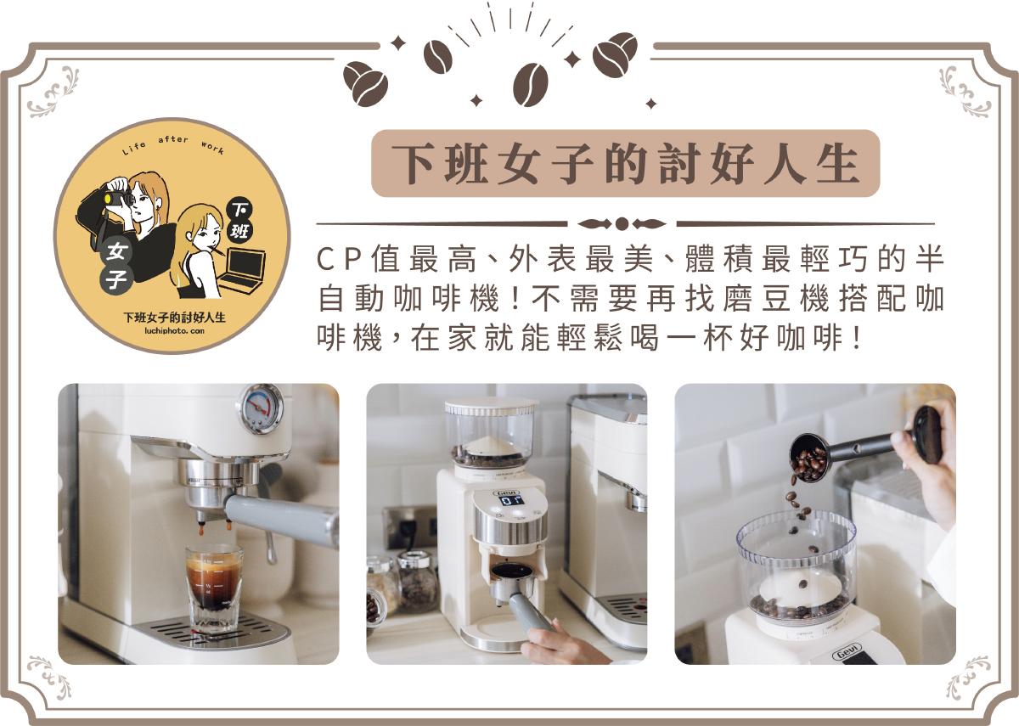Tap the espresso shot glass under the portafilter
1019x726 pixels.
click(214, 588)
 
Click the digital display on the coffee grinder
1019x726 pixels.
click(512, 500)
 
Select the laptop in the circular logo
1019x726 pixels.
click(243, 270)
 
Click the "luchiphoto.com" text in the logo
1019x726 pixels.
click(174, 331)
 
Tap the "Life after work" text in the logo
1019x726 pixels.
click(173, 144)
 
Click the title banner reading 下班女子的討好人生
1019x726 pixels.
click(626, 163)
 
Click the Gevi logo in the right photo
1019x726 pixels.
click(847, 653)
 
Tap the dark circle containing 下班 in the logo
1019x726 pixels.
click(239, 222)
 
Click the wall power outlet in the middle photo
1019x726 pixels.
click(409, 527)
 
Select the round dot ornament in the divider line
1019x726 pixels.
click(622, 224)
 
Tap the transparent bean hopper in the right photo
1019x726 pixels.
click(797, 566)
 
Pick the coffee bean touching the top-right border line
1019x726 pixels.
click(615, 55)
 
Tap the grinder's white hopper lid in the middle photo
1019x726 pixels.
click(491, 407)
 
